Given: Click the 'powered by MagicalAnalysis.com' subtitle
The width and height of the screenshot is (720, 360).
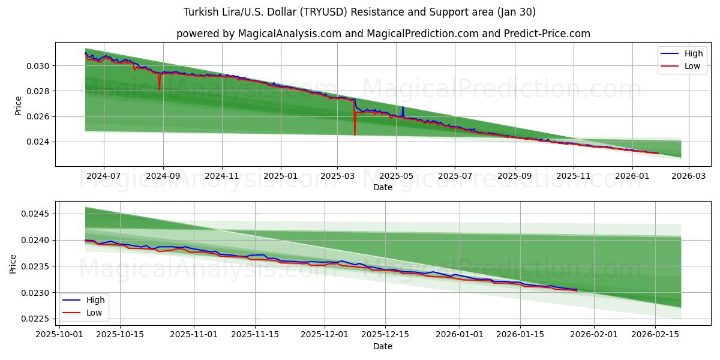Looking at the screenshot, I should pos(383,34).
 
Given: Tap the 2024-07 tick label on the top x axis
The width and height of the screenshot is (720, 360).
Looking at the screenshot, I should pos(104,176).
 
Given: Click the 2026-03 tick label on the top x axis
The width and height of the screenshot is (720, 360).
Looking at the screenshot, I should pos(688,176).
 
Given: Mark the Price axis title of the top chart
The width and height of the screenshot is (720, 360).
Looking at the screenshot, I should pos(18,106).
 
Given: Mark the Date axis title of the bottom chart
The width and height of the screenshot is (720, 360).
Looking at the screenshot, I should pos(383,346).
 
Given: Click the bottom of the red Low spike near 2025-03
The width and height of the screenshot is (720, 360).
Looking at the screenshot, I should pos(355,135).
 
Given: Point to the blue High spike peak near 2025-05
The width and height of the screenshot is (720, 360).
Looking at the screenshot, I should pos(403,107).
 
